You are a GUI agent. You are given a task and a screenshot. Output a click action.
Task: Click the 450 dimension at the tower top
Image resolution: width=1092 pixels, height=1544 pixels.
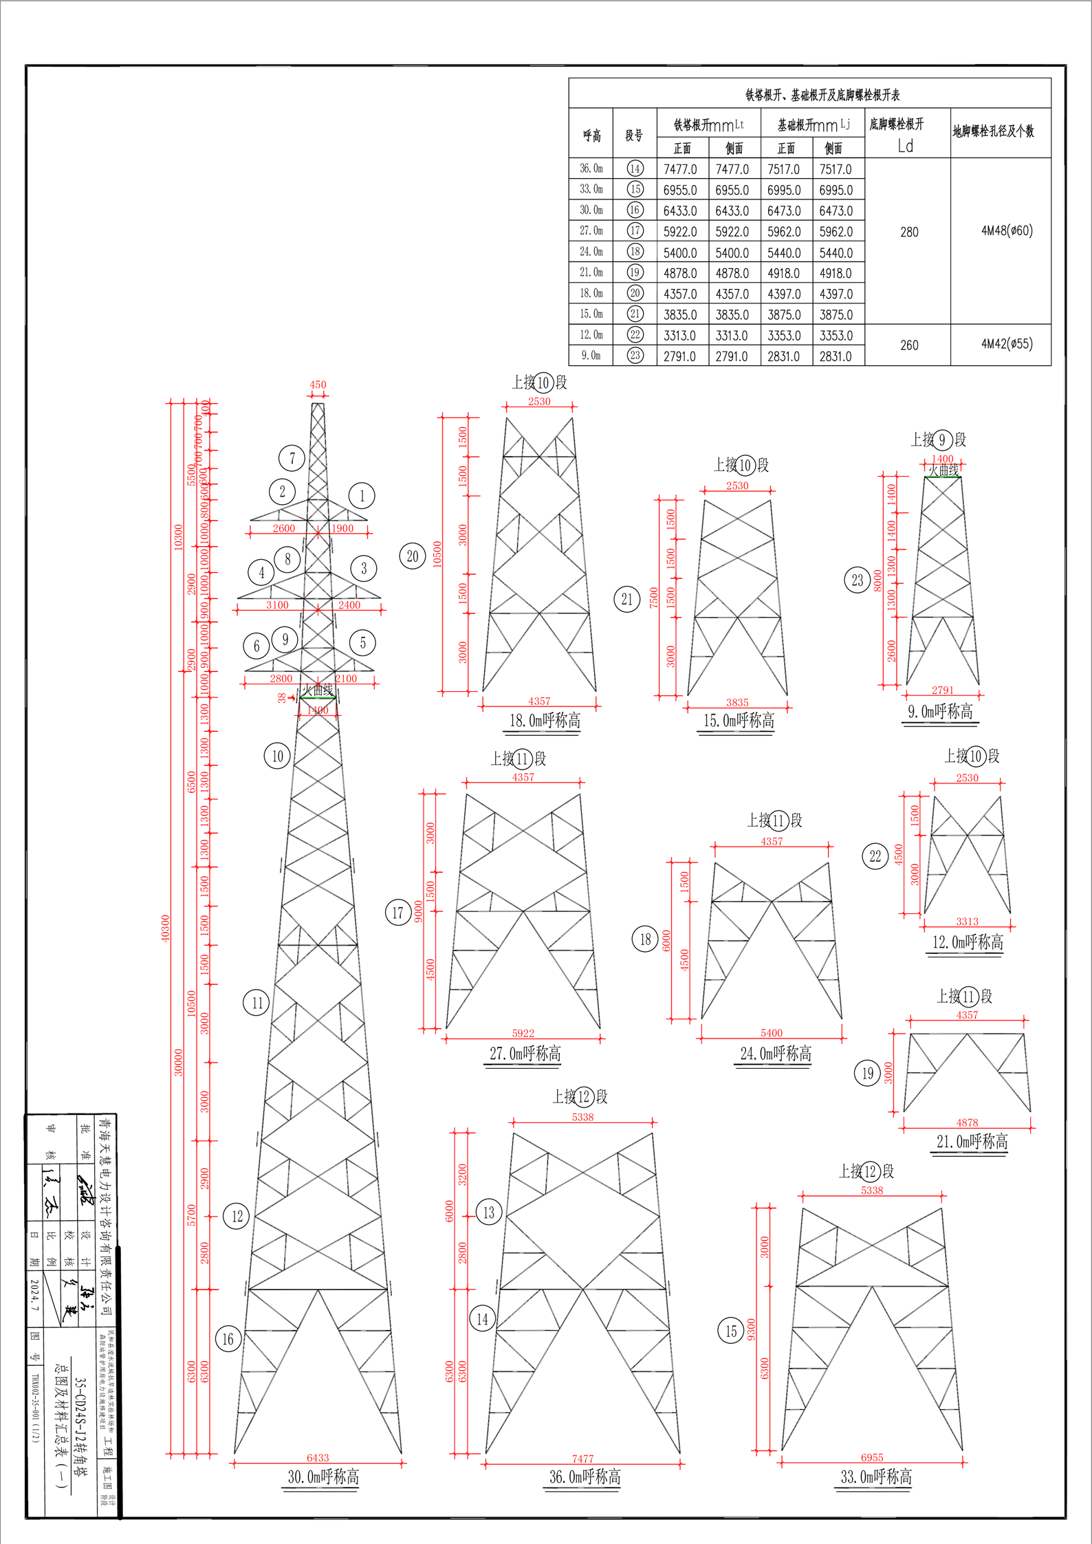318,384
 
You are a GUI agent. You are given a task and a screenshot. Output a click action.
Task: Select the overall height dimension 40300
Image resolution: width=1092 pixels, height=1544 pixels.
165,928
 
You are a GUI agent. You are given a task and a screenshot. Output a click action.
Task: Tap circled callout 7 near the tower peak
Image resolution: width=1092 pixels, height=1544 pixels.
292,458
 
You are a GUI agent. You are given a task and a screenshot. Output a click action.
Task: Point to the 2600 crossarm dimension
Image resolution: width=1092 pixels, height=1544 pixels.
283,528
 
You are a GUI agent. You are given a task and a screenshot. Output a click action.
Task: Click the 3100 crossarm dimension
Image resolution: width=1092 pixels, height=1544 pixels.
277,605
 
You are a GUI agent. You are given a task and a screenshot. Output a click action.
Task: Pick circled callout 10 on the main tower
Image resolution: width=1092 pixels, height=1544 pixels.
277,757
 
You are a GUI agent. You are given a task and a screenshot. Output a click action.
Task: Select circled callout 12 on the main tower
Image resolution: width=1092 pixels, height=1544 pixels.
237,1217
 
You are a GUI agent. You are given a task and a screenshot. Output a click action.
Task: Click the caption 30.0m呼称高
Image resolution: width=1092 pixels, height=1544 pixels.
323,1477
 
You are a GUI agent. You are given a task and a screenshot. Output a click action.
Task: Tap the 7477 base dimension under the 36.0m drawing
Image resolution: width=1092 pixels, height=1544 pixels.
582,1459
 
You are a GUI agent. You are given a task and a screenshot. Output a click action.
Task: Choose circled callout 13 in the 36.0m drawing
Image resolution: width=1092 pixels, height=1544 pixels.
489,1213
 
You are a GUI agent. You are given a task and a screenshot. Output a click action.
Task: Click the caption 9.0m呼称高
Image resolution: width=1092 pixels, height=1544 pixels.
940,712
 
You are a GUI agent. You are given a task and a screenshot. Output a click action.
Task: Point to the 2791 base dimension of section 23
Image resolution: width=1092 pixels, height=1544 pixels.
942,690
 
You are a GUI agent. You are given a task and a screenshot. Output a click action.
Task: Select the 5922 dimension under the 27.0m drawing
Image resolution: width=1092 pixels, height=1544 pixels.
523,1033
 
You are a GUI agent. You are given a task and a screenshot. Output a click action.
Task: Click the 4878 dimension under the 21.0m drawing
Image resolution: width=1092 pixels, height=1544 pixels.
966,1122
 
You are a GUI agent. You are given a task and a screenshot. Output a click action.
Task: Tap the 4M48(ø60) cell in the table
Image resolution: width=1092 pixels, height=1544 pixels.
1007,231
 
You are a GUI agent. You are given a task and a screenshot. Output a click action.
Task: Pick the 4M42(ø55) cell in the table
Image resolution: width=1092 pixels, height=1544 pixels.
1007,344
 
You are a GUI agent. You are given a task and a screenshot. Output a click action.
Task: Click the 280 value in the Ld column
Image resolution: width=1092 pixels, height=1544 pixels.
909,232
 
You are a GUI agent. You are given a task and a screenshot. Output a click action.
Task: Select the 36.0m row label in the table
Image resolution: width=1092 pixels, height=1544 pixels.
591,168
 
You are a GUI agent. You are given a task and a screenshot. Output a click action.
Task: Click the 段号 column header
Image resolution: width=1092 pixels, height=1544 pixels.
634,135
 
